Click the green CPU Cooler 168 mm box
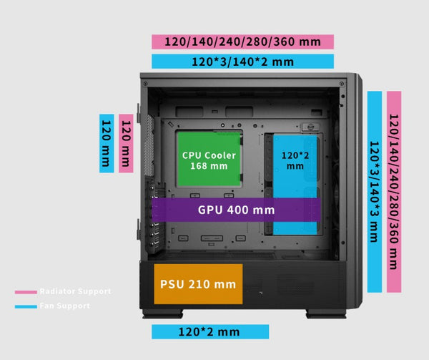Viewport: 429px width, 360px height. [x=208, y=159]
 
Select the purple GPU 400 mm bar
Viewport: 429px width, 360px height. [x=235, y=210]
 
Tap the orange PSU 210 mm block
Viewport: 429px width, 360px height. [x=198, y=284]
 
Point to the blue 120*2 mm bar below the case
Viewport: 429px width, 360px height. [x=210, y=331]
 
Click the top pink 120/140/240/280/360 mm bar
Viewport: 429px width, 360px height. [x=242, y=41]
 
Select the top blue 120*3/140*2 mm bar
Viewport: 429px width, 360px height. [x=242, y=62]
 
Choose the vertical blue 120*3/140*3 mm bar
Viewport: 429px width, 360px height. [x=374, y=191]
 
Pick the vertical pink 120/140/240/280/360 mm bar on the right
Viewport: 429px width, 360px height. [x=394, y=191]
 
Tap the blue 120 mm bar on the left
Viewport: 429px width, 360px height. [x=107, y=143]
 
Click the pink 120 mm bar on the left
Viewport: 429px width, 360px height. [x=126, y=143]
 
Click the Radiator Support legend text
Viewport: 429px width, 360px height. [x=75, y=292]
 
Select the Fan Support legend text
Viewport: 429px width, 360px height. [x=65, y=306]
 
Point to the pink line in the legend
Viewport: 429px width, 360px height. [x=26, y=292]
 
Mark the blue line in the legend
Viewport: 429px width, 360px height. [x=26, y=306]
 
